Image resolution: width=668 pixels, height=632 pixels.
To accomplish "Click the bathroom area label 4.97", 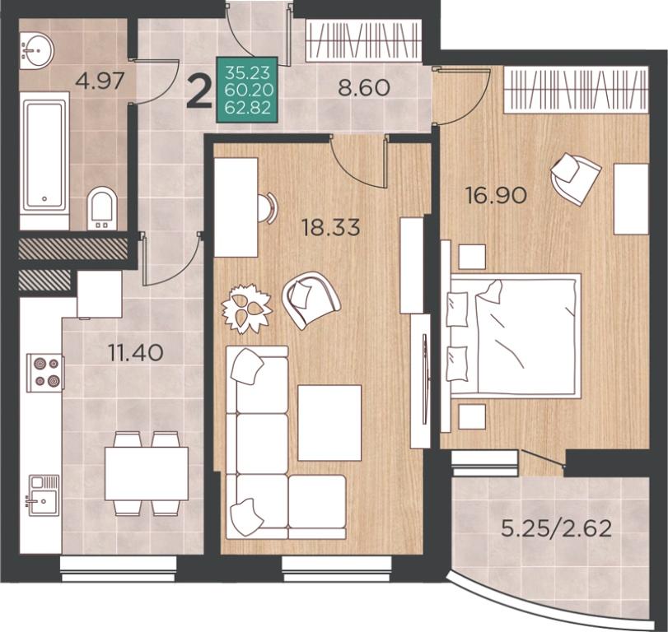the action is pos(100,81).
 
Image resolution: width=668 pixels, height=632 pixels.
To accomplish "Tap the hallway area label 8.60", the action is pos(364,88).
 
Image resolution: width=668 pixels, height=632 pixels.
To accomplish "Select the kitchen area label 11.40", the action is pos(136,353).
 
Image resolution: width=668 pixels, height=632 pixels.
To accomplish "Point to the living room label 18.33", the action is pos(330,227).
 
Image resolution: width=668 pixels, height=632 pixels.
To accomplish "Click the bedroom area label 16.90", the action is pos(497,196).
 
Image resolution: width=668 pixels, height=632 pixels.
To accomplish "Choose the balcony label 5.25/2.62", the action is pos(557,529).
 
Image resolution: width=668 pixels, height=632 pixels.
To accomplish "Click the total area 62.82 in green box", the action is pos(248,108).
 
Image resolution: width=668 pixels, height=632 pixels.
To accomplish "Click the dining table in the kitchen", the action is pos(147,474).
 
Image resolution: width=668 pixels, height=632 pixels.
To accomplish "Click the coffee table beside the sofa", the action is pos(329,423).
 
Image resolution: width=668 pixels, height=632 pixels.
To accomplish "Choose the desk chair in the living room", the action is pos(267,207).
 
